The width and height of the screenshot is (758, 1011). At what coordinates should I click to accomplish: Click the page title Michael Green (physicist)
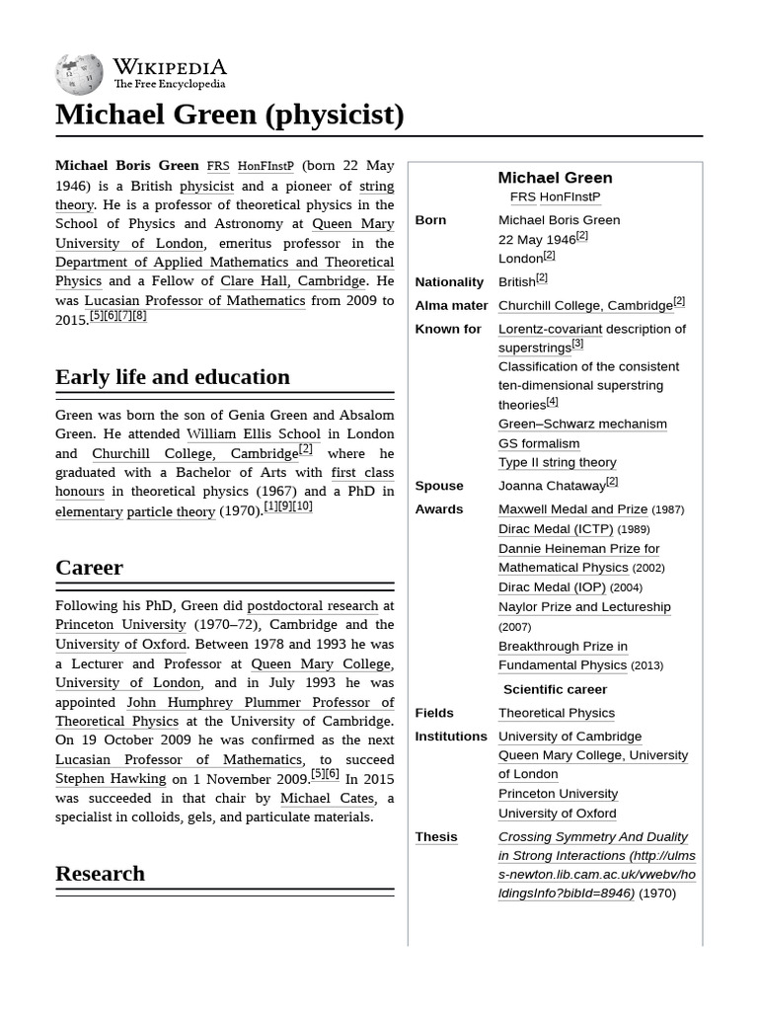coord(229,115)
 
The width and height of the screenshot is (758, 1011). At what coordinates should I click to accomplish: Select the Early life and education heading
coord(173,376)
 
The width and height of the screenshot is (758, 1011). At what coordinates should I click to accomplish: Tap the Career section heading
coord(89,567)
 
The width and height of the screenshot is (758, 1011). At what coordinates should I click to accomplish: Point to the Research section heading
coord(100,873)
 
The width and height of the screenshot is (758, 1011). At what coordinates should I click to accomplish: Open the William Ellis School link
coord(254,433)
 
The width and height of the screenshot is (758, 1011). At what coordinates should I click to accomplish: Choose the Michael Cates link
coord(327,798)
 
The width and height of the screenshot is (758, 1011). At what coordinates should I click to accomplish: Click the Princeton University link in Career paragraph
coord(120,624)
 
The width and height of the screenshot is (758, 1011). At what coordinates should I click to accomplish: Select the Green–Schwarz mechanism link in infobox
coord(582,424)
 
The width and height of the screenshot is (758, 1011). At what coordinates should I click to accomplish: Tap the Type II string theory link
coord(557,462)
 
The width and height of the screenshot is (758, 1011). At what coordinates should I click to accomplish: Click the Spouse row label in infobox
coord(439,486)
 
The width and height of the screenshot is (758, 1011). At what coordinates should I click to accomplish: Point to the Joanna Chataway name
coord(551,486)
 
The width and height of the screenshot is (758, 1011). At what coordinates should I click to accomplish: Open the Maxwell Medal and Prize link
coord(572,509)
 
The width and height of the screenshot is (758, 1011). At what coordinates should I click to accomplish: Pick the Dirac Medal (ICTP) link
coord(556,529)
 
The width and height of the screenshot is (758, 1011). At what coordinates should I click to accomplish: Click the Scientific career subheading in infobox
coord(555,689)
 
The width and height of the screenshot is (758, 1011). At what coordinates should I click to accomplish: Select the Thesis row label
coord(436,836)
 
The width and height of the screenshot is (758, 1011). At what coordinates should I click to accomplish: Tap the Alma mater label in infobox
coord(451,305)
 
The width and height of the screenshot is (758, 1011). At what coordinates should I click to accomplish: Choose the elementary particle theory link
coord(135,510)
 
